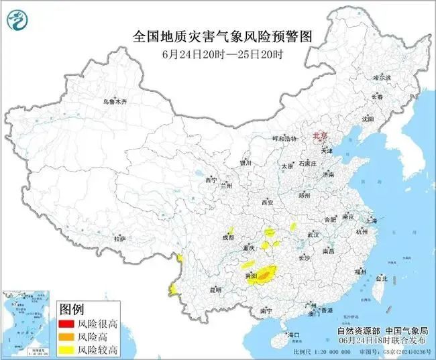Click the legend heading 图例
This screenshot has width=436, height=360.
[x=72, y=309]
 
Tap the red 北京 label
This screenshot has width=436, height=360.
[x=323, y=136]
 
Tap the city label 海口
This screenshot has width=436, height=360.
[x=293, y=334]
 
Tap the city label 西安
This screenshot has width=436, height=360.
[x=268, y=202]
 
